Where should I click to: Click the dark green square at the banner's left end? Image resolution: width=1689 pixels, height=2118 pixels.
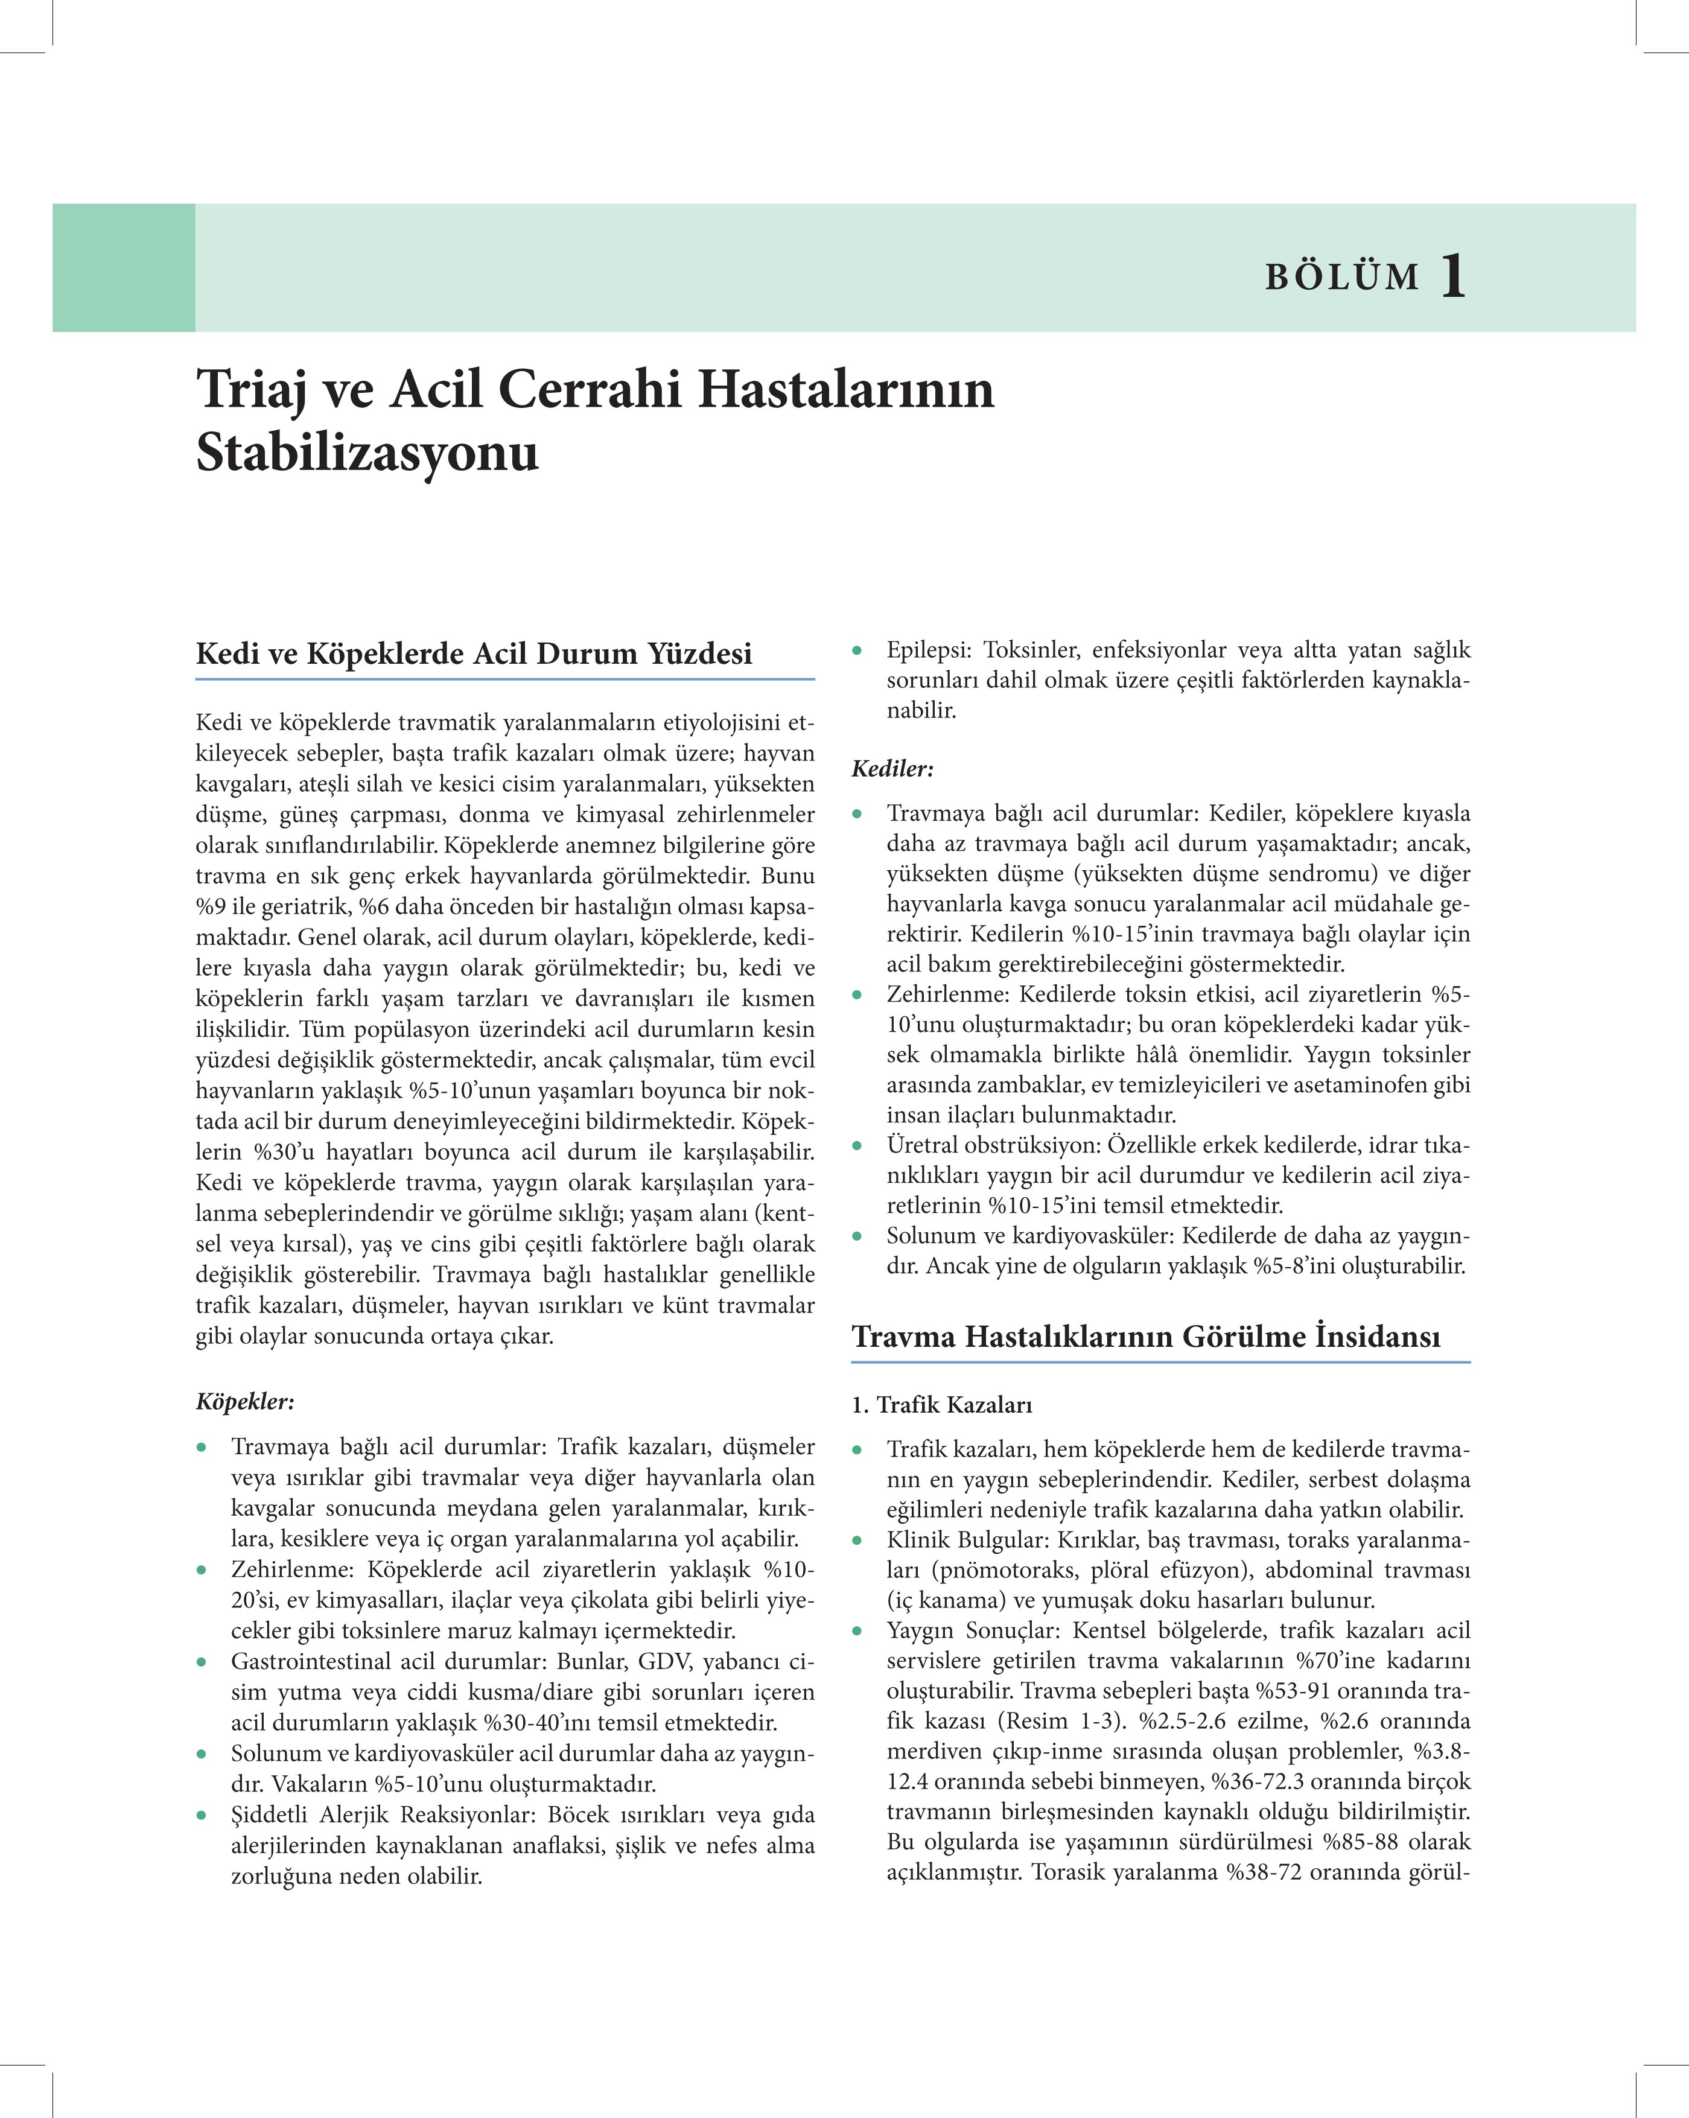pos(124,267)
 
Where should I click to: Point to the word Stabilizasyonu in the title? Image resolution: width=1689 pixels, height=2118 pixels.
pos(367,454)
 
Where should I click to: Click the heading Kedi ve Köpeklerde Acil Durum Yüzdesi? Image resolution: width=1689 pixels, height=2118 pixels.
pos(474,654)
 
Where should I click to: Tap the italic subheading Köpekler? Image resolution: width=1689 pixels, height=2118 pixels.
pos(244,1401)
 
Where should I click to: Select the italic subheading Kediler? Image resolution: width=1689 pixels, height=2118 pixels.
pos(892,768)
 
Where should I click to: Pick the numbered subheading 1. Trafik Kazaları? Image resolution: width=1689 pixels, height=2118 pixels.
pos(941,1405)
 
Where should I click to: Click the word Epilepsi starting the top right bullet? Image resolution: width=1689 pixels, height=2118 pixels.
pos(927,650)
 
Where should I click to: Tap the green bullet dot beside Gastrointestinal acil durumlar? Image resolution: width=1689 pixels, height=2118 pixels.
pos(202,1662)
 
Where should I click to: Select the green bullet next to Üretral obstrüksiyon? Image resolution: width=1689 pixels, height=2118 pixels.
pos(857,1145)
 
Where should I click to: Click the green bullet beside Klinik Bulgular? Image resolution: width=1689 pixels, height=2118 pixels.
pos(857,1541)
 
